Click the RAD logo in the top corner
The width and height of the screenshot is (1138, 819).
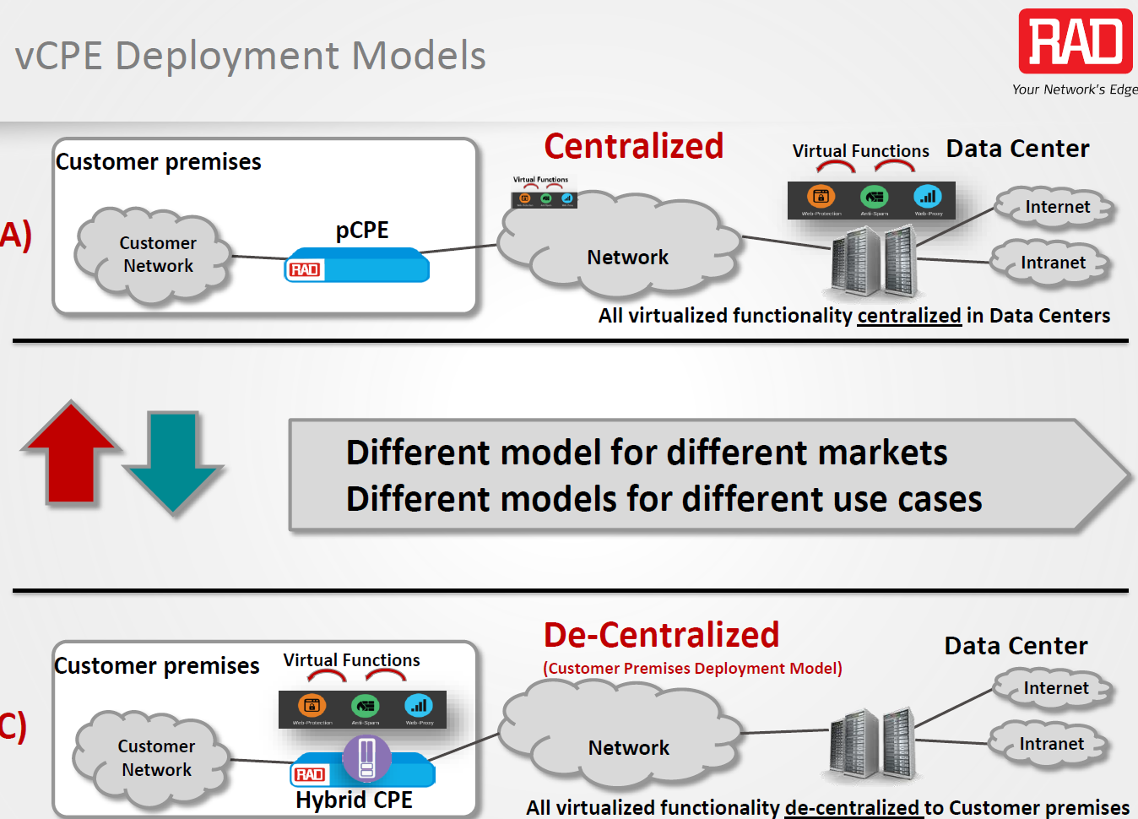[1075, 41]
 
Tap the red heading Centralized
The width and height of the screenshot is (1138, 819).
[633, 146]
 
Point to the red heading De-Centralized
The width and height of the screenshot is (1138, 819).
[661, 635]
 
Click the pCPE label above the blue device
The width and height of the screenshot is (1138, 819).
[362, 230]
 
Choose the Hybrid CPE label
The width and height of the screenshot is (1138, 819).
[354, 800]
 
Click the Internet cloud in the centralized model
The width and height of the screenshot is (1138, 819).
[1057, 207]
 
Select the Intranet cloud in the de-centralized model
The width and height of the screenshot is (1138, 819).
[1051, 744]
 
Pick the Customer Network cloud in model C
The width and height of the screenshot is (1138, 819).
[156, 757]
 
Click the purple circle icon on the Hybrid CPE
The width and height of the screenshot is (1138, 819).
[366, 757]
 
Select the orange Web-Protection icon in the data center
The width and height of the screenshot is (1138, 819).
[821, 197]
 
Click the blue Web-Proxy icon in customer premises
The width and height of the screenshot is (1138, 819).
[419, 705]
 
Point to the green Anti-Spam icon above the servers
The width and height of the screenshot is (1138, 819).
[875, 197]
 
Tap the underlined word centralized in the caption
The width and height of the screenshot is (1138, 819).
[909, 316]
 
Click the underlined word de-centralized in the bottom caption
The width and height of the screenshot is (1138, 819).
[852, 808]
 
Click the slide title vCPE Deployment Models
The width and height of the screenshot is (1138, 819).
[250, 56]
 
